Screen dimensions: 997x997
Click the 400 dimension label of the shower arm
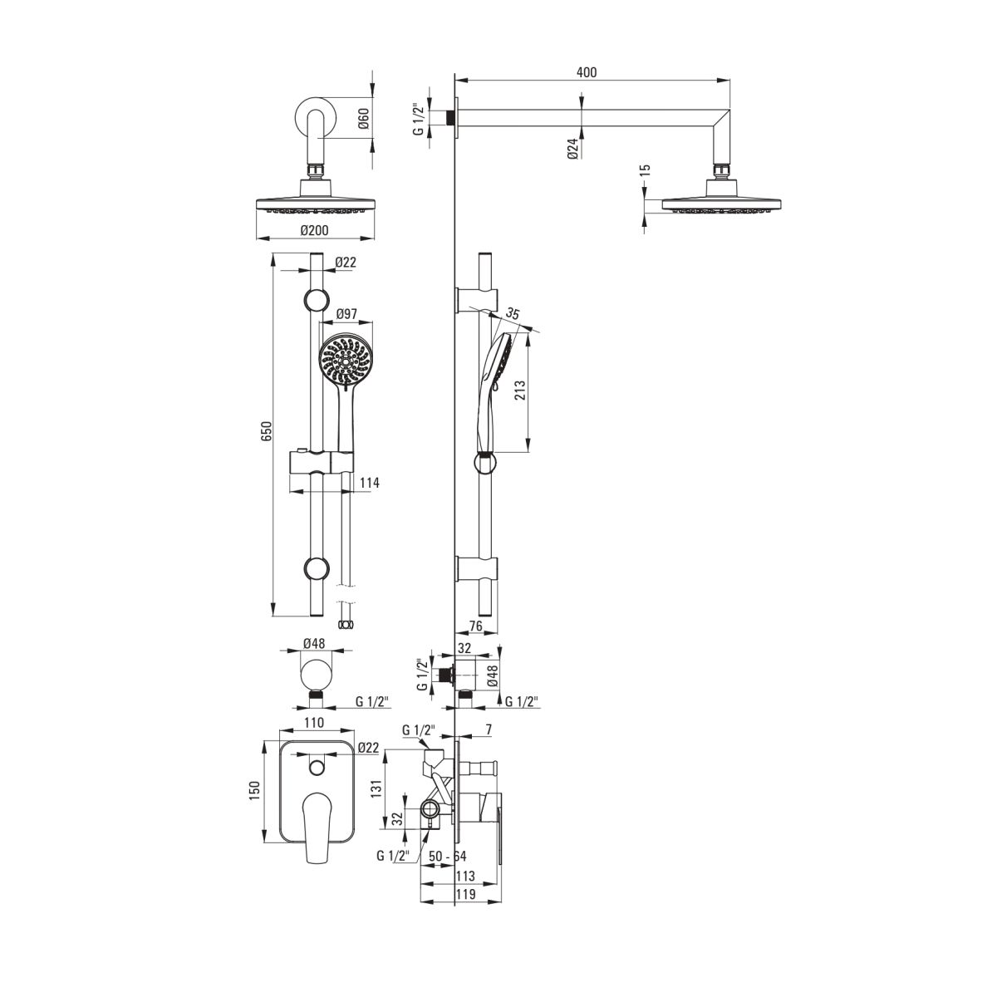[587, 72]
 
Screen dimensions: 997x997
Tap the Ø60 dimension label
[363, 119]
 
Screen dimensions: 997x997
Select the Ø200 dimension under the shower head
[315, 230]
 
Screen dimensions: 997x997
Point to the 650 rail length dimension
[265, 431]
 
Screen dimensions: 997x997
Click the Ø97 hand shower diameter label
[346, 313]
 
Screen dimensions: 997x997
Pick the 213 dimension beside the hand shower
[520, 390]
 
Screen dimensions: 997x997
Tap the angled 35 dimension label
[513, 313]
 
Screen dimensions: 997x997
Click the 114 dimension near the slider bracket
[370, 483]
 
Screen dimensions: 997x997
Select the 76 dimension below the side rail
[475, 626]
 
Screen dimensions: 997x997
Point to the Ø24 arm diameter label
[572, 149]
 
